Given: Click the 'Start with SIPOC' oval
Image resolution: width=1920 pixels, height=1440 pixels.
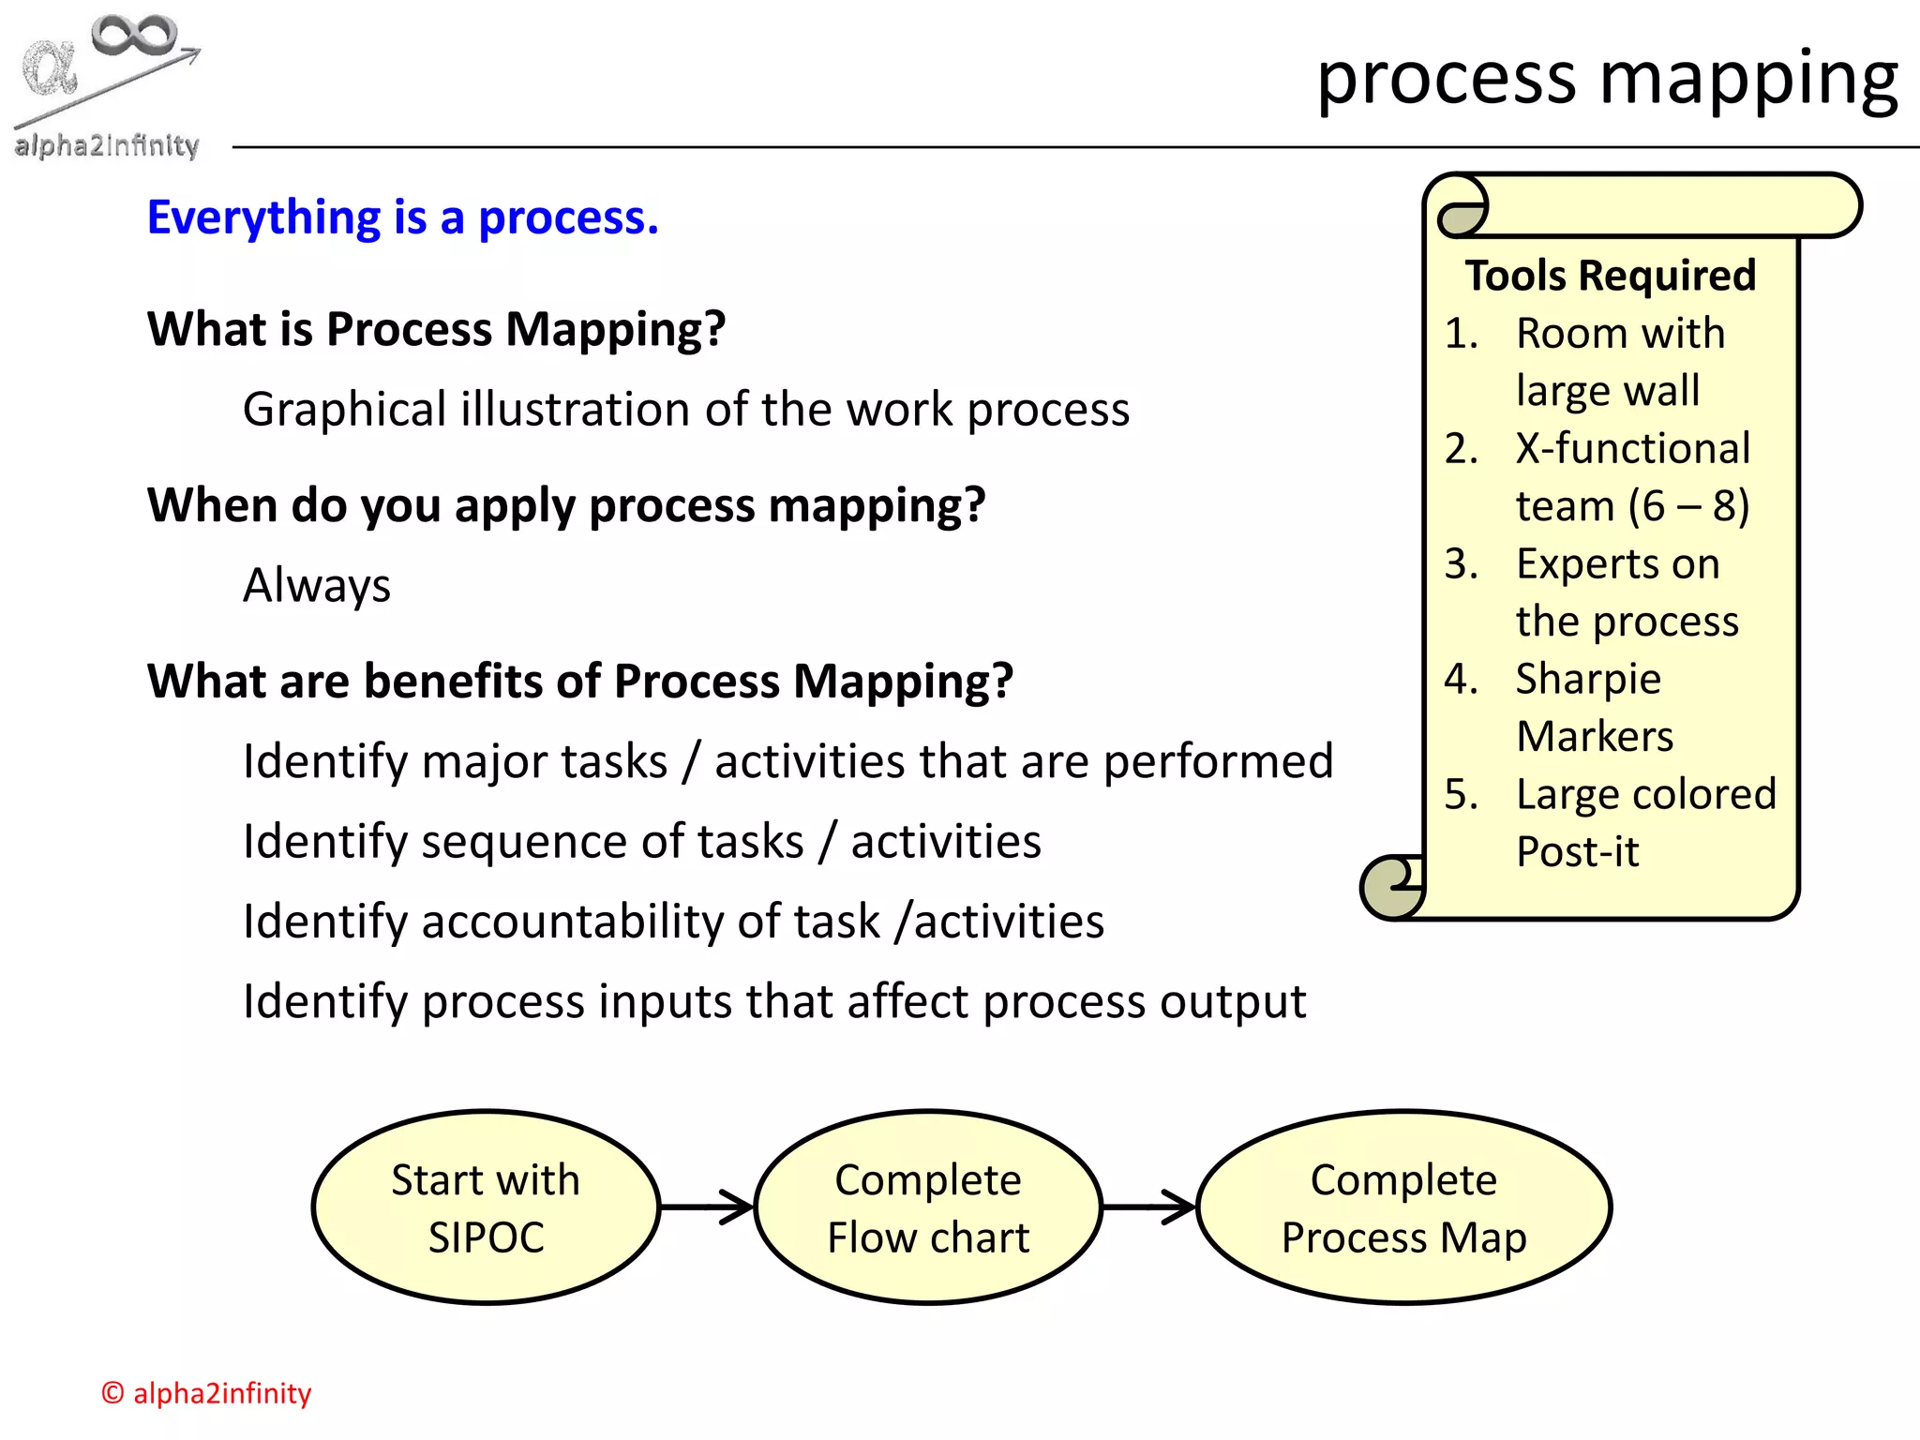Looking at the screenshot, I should [486, 1207].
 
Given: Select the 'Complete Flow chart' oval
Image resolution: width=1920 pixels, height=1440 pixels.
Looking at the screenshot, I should [928, 1207].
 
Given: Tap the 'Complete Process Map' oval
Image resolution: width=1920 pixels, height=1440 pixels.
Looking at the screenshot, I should [1403, 1207].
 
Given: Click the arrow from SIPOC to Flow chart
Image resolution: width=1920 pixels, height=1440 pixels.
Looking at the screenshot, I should [708, 1207].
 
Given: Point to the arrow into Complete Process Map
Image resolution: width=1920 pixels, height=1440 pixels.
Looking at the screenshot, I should [1149, 1207].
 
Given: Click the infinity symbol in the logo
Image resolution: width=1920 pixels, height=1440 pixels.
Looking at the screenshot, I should [133, 35].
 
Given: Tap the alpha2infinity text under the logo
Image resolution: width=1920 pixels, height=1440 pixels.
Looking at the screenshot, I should [107, 145].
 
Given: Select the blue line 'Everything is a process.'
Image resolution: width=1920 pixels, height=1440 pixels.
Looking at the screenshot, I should [403, 217].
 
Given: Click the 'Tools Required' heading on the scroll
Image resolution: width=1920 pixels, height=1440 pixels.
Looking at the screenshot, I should [1610, 276].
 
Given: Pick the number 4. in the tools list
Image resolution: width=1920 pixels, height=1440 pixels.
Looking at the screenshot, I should [1461, 679].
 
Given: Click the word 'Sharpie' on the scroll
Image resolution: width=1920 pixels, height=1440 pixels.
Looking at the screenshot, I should [1588, 679].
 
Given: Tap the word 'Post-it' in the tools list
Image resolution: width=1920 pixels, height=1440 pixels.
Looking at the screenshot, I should [1578, 852].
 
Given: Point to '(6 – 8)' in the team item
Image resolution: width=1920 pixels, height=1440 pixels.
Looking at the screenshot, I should [1687, 506].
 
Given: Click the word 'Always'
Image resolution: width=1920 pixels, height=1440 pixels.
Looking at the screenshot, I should [317, 586].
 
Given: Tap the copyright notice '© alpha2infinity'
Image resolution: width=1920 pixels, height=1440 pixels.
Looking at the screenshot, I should [206, 1393].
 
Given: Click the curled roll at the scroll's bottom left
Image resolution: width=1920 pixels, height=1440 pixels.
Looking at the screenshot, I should [1392, 886].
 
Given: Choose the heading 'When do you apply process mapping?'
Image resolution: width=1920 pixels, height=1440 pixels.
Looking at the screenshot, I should [566, 505].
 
